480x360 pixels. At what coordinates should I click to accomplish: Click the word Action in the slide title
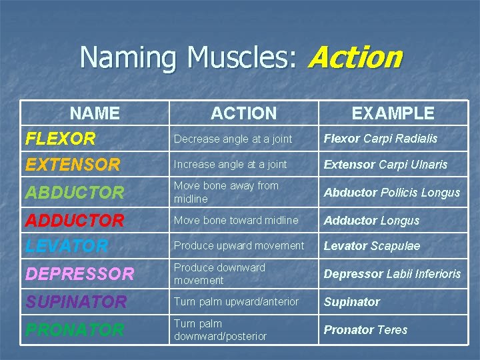coord(355,57)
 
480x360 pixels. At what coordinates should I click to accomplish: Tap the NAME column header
coord(95,113)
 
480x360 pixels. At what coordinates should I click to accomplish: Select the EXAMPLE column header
coord(393,113)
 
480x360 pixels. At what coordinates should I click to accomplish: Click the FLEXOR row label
coord(60,139)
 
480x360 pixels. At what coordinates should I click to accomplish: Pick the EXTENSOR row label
coord(73,164)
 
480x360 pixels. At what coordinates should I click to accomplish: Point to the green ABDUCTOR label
coord(75,193)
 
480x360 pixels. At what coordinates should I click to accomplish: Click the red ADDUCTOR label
coord(75,220)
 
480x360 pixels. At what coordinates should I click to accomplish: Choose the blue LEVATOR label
coord(67,245)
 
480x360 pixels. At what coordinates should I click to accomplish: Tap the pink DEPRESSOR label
coord(79,273)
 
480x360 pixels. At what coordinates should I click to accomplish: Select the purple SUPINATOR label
coord(76,301)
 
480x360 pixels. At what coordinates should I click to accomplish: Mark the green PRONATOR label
coord(75,329)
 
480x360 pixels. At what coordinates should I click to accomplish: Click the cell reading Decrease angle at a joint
coord(233,139)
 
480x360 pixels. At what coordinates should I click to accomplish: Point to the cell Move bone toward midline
coord(236,220)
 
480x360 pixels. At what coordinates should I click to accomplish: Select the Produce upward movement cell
coord(239,245)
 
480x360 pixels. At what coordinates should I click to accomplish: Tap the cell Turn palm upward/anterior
coord(236,301)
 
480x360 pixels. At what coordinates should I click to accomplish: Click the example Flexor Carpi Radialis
coord(381,139)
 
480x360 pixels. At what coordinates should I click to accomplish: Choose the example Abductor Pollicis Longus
coord(392,193)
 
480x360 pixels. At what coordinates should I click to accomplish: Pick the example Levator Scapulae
coord(372,246)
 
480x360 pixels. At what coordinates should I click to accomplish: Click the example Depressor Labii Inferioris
coord(392,274)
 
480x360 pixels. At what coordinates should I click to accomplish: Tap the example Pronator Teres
coord(365,329)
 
